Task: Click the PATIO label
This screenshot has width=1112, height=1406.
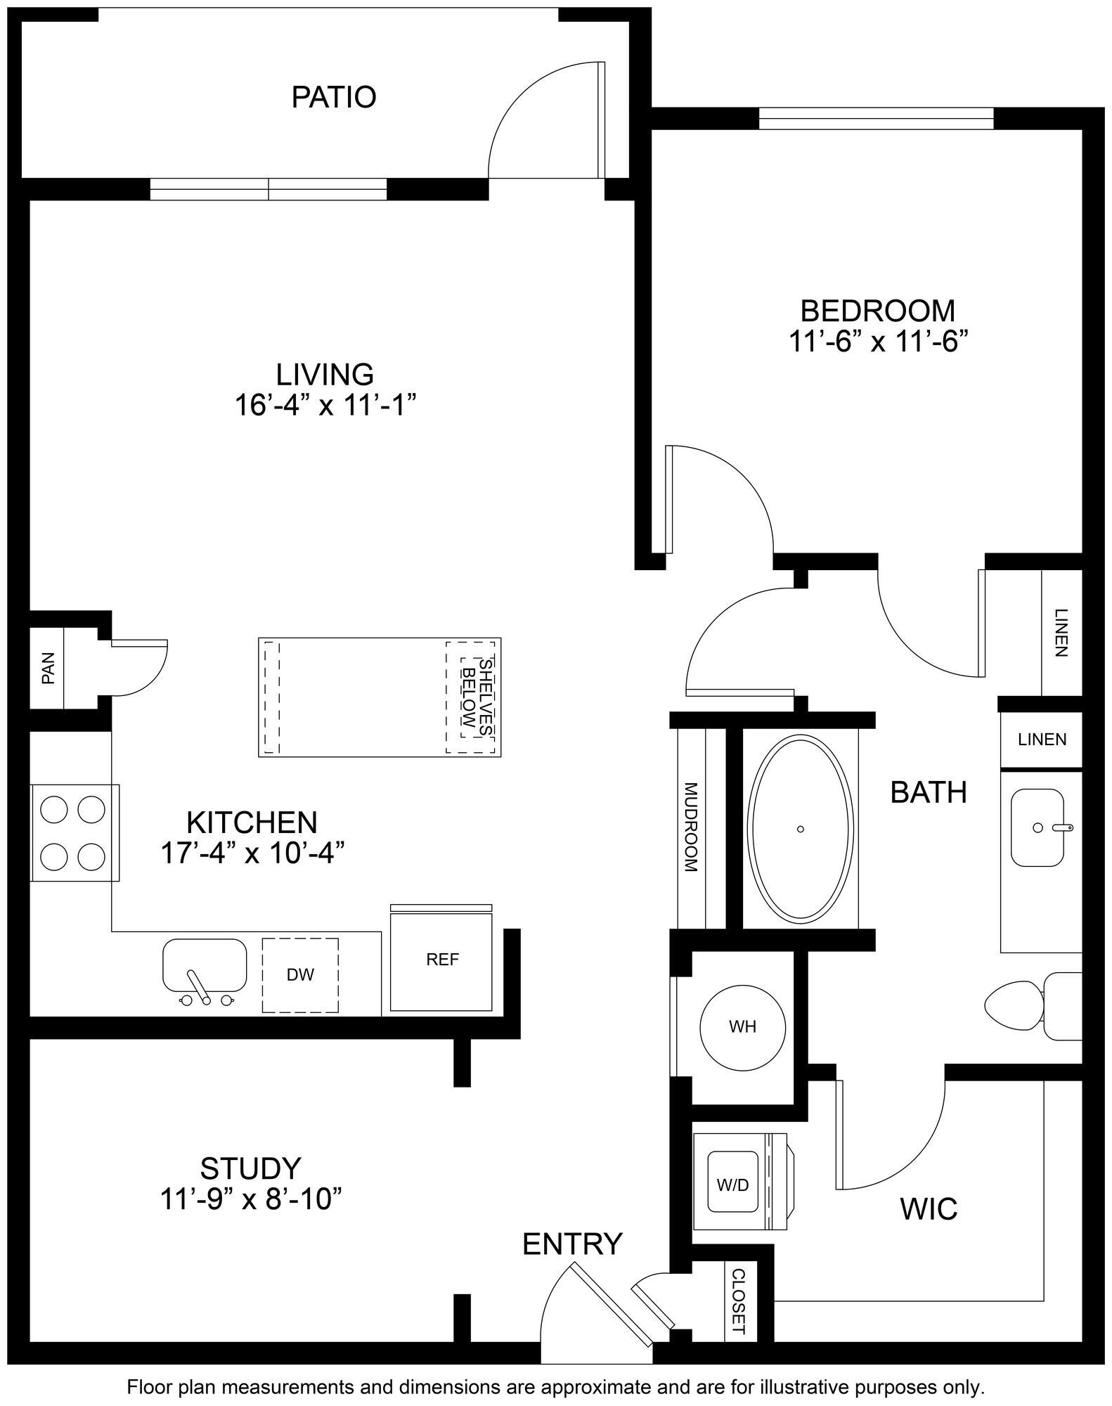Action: click(334, 97)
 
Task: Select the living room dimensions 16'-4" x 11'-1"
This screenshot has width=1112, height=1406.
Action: click(324, 406)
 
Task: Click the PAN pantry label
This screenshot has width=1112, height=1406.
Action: click(48, 668)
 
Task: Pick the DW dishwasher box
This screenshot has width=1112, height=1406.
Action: click(300, 974)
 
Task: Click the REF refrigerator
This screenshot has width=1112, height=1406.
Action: click(442, 960)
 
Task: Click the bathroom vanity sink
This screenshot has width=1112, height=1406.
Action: click(1037, 827)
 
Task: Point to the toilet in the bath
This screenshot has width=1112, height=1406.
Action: click(1026, 1007)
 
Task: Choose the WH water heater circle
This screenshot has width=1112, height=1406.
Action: click(742, 1027)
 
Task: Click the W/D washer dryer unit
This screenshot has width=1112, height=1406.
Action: click(732, 1185)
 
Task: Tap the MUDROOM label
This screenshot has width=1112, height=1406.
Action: click(690, 827)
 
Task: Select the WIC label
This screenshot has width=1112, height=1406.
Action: click(929, 1208)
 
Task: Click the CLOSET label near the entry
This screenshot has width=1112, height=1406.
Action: click(738, 1302)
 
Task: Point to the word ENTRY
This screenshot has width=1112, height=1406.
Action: click(572, 1244)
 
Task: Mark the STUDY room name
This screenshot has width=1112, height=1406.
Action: click(251, 1168)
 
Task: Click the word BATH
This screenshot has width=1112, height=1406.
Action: click(928, 792)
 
